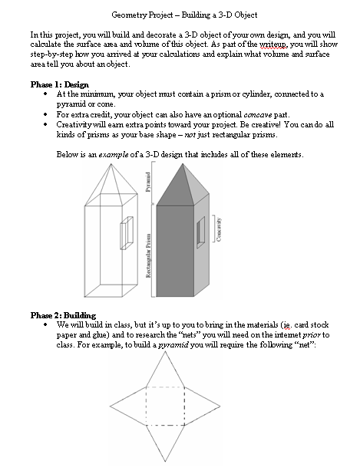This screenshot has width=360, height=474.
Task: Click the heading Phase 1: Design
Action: pyautogui.click(x=59, y=84)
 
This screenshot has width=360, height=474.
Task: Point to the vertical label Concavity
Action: pyautogui.click(x=220, y=229)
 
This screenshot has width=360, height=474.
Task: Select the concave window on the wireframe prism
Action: pyautogui.click(x=127, y=230)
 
